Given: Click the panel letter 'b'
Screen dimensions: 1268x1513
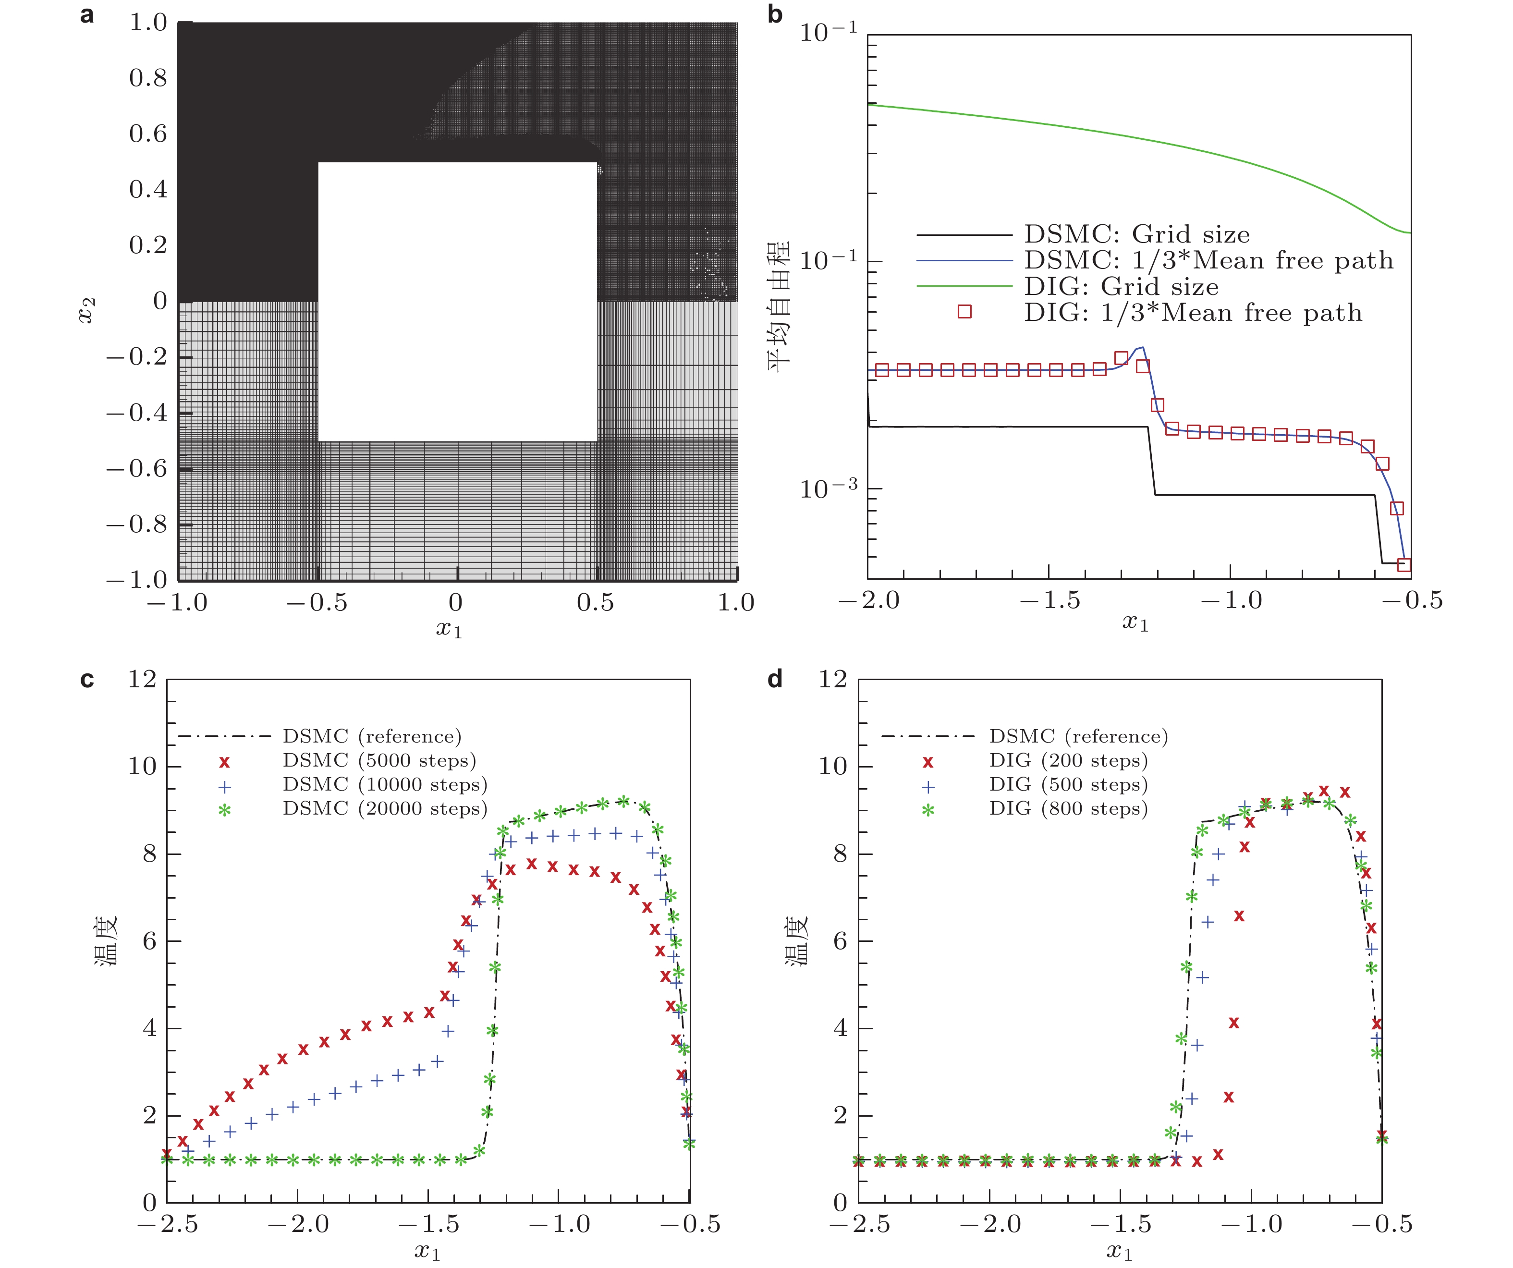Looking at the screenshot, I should (775, 14).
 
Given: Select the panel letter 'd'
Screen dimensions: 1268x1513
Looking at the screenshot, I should (775, 679).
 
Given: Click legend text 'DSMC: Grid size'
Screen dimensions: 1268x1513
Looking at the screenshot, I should (1137, 235).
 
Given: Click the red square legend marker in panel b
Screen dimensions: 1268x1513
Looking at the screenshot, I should (964, 311).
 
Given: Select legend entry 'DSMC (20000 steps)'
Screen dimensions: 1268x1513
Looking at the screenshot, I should (385, 809).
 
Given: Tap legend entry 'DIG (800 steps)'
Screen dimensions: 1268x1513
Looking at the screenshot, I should (1068, 809).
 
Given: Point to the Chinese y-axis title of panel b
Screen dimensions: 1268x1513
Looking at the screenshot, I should (779, 306).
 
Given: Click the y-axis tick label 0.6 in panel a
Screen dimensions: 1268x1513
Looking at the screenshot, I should (148, 134).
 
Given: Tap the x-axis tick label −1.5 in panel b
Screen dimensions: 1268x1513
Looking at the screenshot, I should (1050, 600).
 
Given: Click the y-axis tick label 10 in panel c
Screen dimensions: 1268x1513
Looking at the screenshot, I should (142, 767).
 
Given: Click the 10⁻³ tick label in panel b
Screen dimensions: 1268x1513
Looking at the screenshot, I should (829, 488).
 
